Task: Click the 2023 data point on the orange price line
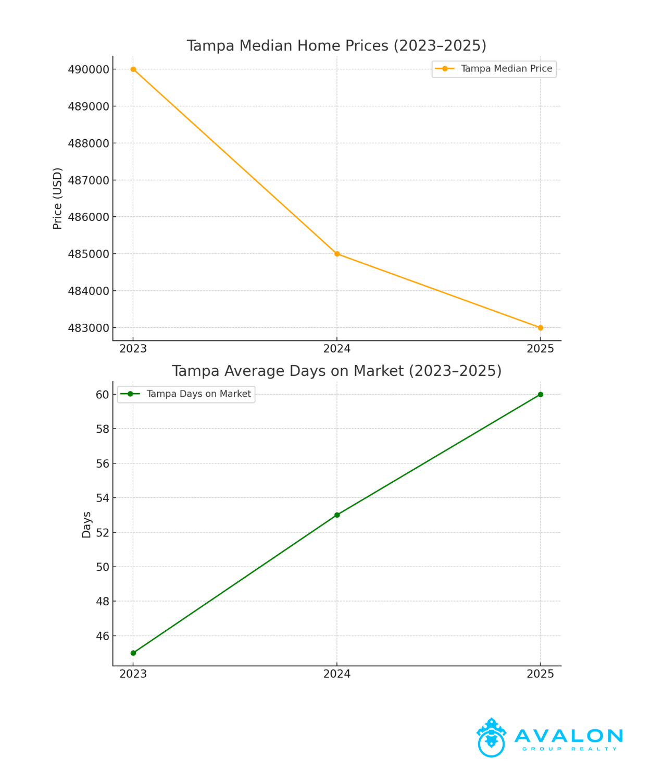(x=133, y=69)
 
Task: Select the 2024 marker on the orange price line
(x=337, y=254)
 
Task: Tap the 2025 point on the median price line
(x=541, y=328)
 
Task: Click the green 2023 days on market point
(x=133, y=653)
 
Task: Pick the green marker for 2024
(x=337, y=515)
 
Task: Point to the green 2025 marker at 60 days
(x=541, y=395)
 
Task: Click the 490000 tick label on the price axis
(x=89, y=70)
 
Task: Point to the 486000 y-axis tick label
(x=89, y=217)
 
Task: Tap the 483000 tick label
(x=89, y=328)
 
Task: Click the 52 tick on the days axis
(x=103, y=533)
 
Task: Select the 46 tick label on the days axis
(x=103, y=636)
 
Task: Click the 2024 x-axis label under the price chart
(x=337, y=349)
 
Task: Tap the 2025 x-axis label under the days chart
(x=541, y=674)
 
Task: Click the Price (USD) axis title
(x=58, y=199)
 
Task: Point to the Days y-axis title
(x=86, y=524)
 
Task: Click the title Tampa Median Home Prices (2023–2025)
(x=336, y=46)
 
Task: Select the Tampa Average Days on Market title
(x=336, y=371)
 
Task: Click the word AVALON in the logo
(x=569, y=736)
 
